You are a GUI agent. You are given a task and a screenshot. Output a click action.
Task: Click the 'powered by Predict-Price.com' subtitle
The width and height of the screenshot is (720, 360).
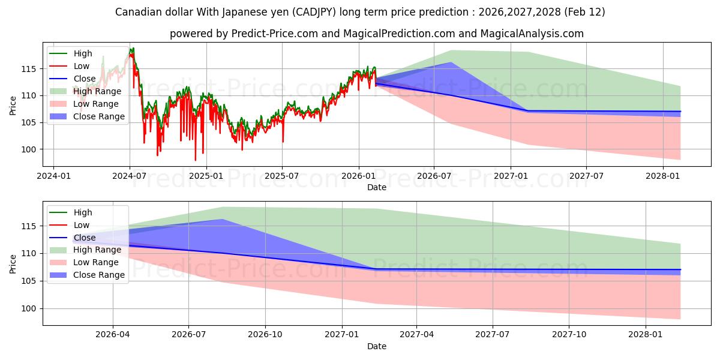376,34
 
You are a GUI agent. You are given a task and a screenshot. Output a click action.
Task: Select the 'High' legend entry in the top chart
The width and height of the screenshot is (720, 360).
83,53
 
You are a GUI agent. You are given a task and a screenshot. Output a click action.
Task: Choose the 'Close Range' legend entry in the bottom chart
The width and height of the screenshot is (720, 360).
99,275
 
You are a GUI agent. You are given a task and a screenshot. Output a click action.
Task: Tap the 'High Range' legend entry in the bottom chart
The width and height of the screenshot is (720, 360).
97,250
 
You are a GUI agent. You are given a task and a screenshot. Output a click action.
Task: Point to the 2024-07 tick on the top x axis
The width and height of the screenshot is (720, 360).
130,176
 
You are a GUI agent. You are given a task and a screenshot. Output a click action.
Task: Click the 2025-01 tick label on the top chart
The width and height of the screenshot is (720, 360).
206,176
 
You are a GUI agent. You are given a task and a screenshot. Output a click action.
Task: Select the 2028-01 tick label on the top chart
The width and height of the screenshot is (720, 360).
663,176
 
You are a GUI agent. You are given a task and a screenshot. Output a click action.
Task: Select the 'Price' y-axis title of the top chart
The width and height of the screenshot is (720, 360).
13,105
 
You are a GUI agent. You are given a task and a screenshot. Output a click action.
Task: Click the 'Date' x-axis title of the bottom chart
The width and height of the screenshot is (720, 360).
376,346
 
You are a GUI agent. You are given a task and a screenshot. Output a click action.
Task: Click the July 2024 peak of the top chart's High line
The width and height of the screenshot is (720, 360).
133,48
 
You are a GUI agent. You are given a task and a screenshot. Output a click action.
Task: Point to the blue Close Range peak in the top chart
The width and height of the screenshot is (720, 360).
451,62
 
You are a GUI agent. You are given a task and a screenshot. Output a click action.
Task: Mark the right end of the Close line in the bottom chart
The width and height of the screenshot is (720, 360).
680,270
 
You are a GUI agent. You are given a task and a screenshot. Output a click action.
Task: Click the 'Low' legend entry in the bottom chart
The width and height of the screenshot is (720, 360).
82,225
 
